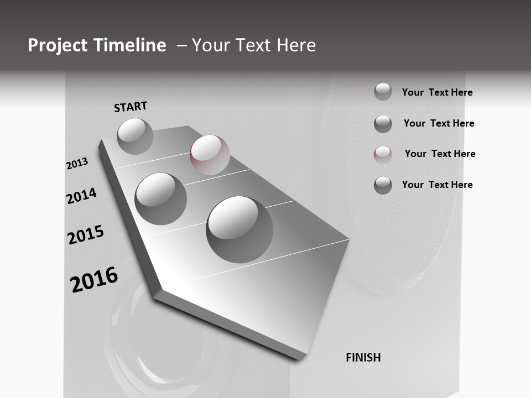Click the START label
pos(131,107)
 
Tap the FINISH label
pos(363,358)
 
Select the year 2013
pos(77,164)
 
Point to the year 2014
pos(81,196)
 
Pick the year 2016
pos(94,280)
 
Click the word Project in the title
pos(58,45)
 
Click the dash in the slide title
pos(181,45)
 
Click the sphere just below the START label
pos(135,136)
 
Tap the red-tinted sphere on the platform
pos(210,155)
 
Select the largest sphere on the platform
pos(240,229)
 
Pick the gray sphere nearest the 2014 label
pos(160,198)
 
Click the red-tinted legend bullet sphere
pos(383,154)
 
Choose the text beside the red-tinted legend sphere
pos(440,154)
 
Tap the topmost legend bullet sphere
pos(383,92)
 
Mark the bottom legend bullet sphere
pos(383,185)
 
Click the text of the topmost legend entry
pos(437,92)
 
